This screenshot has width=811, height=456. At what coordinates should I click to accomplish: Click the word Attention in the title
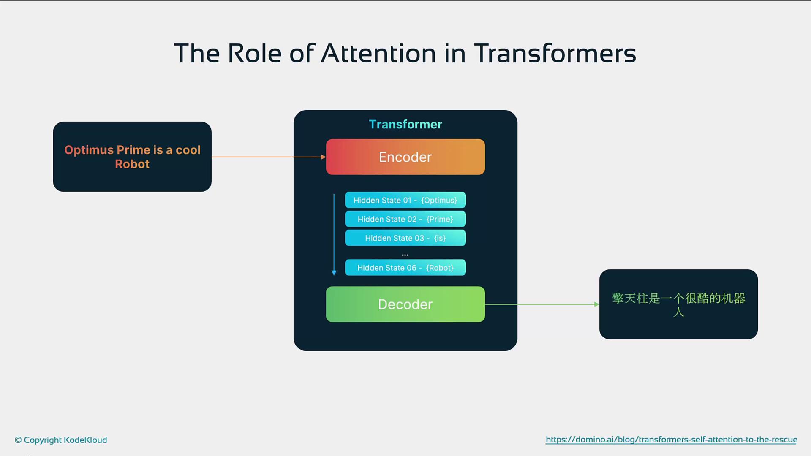click(x=378, y=53)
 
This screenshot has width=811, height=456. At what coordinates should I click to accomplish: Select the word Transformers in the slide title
click(x=555, y=53)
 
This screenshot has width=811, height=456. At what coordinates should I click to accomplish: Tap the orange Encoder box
click(x=405, y=157)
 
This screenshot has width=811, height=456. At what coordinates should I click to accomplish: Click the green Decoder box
click(x=405, y=304)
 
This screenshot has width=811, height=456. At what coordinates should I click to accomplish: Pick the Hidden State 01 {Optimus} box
click(x=405, y=200)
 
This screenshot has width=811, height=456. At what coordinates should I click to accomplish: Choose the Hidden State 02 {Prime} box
click(x=405, y=219)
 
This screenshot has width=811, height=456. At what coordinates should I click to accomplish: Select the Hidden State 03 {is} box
click(x=405, y=238)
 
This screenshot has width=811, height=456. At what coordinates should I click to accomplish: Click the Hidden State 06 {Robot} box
click(x=405, y=268)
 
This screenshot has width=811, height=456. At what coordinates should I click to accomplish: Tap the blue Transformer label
click(x=405, y=124)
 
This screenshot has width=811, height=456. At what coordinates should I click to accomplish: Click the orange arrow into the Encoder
click(x=269, y=157)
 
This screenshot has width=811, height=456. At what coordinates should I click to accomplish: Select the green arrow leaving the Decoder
click(x=542, y=304)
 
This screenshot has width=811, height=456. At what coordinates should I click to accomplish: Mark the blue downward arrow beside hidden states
click(x=334, y=235)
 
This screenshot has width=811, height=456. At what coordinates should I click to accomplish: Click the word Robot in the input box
click(x=132, y=164)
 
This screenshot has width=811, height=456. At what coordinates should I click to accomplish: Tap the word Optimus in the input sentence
click(x=89, y=150)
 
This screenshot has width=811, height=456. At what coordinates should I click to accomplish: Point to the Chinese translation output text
click(x=678, y=304)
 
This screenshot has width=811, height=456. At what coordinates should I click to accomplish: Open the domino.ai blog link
click(x=672, y=440)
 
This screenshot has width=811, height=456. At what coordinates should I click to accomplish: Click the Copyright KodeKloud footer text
click(x=61, y=440)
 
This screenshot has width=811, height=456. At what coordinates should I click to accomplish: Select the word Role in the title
click(x=255, y=53)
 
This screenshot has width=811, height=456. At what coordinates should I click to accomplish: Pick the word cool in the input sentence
click(x=188, y=150)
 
